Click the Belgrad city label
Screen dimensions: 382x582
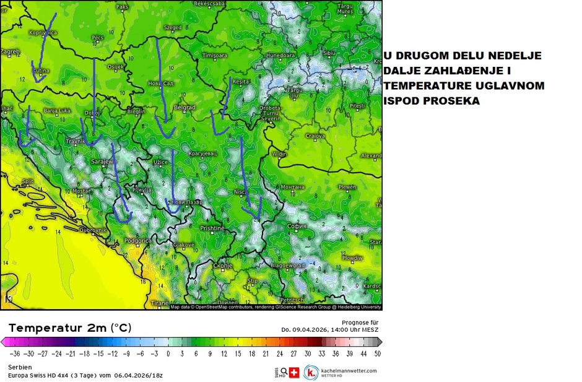(185, 108)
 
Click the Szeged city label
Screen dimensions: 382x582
(172, 28)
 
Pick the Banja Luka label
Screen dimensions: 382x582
(56, 111)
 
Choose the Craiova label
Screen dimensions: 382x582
(315, 136)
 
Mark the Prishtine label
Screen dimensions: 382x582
(212, 228)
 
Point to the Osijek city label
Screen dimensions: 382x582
(116, 67)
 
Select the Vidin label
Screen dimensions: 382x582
(280, 154)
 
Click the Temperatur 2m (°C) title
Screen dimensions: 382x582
(69, 328)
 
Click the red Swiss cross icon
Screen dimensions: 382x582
(293, 373)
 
